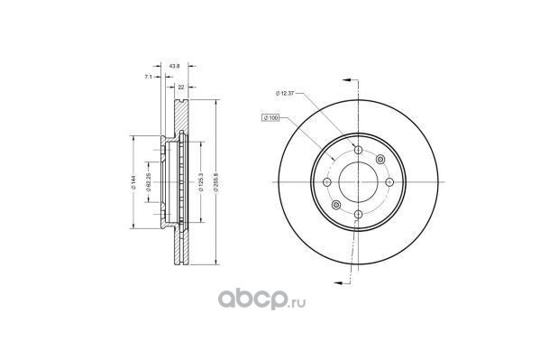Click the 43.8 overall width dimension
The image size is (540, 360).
point(175,66)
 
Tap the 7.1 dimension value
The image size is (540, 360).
point(148,77)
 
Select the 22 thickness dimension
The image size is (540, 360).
point(181,87)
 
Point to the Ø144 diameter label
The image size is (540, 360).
point(134,182)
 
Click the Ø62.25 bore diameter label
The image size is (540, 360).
point(149,182)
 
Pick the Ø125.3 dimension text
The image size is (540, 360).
point(201,182)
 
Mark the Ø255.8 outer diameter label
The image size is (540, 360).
point(216,182)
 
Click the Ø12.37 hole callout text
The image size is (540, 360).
point(285,93)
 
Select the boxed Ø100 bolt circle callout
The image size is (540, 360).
point(270,118)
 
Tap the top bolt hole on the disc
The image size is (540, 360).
point(359,150)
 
